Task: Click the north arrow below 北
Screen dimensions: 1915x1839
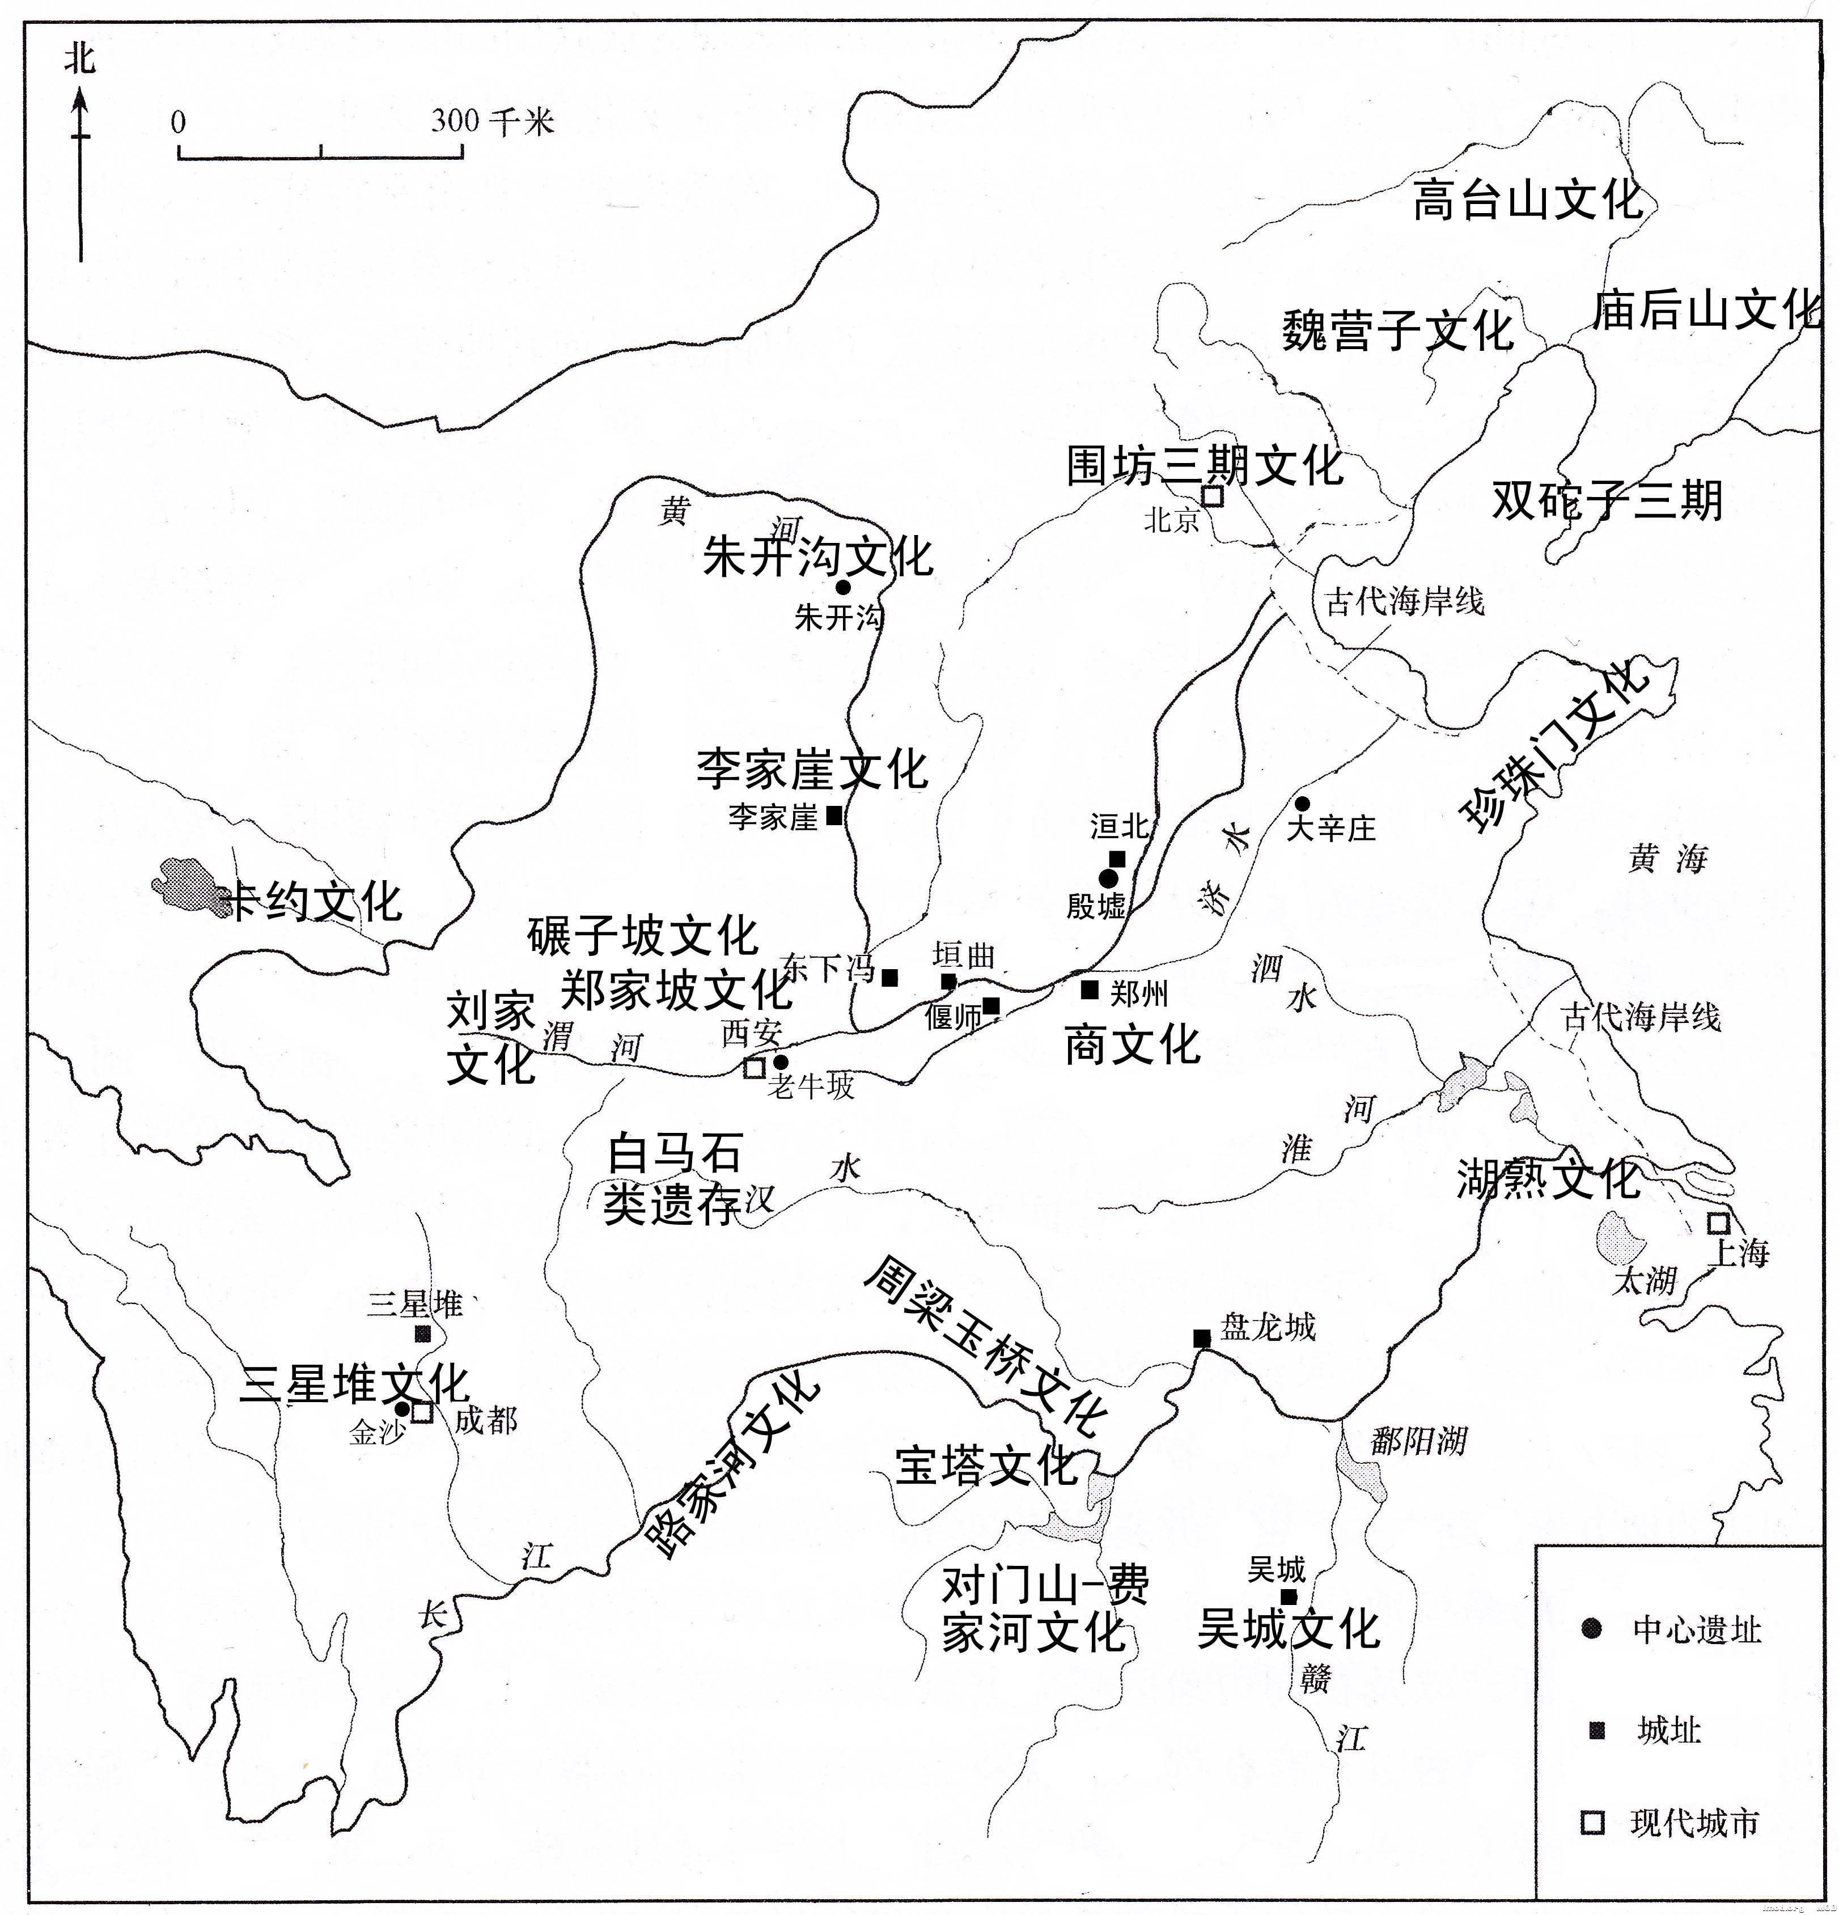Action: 80,176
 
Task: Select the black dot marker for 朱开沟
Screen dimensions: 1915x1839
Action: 842,587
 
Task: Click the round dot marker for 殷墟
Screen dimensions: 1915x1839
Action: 1108,878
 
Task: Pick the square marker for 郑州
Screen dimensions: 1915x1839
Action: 1090,990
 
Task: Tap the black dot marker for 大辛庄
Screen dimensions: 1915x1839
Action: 1302,803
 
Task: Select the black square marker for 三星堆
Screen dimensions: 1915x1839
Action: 423,1334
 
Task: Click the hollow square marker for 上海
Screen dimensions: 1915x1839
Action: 1717,1223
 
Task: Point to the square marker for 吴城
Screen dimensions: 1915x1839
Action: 1289,1596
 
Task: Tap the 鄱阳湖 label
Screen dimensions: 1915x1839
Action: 1418,1440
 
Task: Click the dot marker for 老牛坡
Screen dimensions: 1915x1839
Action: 780,1062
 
